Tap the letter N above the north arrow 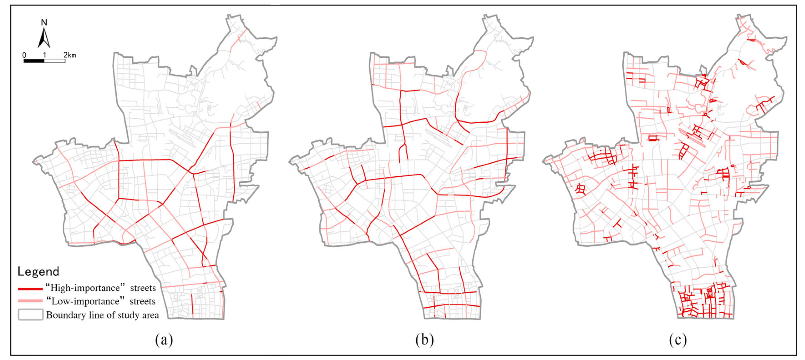point(44,23)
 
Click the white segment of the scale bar point(55,61)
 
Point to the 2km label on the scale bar point(70,55)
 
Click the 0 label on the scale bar point(24,55)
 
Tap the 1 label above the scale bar point(44,55)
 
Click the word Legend point(38,271)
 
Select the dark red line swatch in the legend point(30,289)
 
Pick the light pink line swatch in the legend point(30,301)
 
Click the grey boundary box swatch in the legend point(30,315)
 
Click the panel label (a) point(164,340)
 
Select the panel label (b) point(424,340)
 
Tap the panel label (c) point(677,340)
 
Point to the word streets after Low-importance point(142,301)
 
